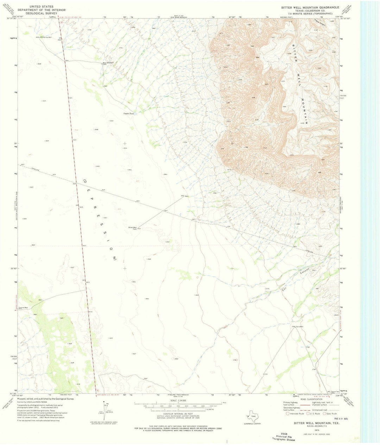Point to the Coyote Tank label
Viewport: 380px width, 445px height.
[128, 114]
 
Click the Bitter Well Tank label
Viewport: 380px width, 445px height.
[133, 228]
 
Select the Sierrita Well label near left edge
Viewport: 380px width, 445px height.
[24, 307]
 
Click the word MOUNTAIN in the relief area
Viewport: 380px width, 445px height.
[305, 111]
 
